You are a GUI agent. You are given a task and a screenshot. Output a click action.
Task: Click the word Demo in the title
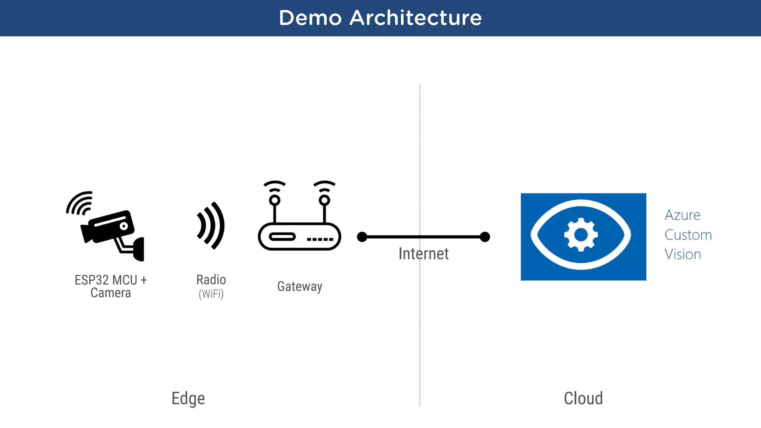coord(310,18)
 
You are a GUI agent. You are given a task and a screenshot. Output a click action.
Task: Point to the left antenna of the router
coord(275,202)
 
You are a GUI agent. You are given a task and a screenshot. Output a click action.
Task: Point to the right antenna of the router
coord(324,202)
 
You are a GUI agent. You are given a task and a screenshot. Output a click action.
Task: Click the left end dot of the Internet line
coord(362,237)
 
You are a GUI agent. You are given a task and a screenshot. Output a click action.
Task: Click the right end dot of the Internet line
coord(485,237)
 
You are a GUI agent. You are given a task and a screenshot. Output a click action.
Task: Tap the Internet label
coord(423,254)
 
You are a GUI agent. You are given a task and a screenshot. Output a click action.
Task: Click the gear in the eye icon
coord(581,235)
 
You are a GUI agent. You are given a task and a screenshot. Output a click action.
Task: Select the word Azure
coord(682,215)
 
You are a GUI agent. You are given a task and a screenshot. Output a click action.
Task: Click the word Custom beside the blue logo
coord(688,235)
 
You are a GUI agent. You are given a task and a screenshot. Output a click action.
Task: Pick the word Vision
coord(683,254)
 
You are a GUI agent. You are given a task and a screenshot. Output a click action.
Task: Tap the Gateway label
coord(299,286)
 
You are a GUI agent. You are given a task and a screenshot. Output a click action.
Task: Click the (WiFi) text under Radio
coord(211,294)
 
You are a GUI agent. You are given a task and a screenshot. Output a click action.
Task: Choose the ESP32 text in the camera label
coord(91,280)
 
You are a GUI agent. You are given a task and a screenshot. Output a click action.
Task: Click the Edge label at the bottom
coord(188,399)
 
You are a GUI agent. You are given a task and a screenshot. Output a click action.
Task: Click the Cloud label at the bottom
coord(583,398)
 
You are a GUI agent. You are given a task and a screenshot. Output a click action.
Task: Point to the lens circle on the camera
coord(124,226)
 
